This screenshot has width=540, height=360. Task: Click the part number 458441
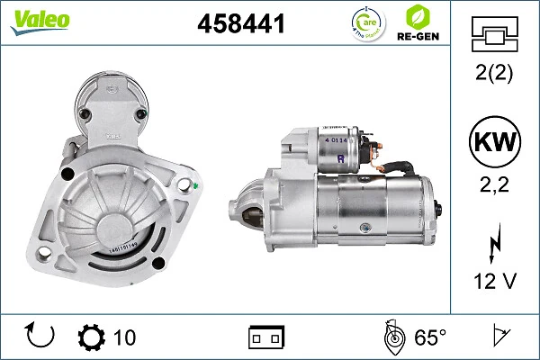tap(240, 25)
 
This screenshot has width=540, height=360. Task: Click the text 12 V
tap(493, 282)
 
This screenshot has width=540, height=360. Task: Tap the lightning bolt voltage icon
tap(493, 245)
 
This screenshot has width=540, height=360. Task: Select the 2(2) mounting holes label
tap(493, 75)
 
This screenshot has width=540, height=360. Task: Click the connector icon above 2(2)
tap(493, 36)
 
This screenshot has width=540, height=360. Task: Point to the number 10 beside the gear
tap(124, 337)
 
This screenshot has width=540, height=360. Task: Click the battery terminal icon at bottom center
tap(266, 337)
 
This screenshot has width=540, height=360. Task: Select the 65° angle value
tap(430, 337)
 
